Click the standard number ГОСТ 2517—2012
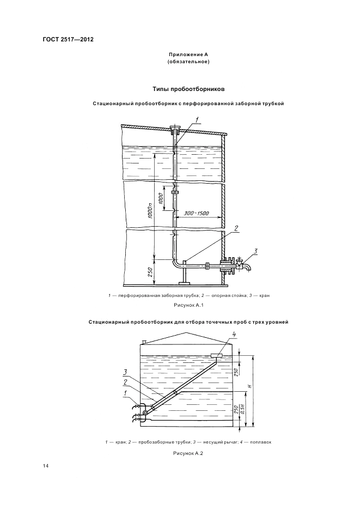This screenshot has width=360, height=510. point(64,40)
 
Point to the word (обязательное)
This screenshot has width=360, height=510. point(188,62)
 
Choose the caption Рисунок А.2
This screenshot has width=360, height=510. point(188,453)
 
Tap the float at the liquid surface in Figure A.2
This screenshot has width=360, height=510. point(216,356)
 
